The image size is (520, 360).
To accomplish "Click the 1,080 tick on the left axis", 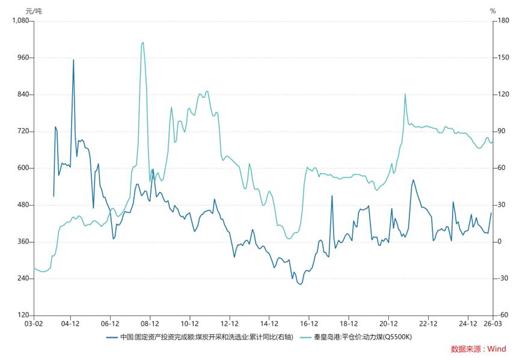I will (21, 21).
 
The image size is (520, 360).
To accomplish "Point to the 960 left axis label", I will (23, 58).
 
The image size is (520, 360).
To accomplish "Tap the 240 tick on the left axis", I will (23, 279).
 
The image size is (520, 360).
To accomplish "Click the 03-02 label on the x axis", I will (34, 323).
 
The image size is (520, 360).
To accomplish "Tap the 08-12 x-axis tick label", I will (150, 323).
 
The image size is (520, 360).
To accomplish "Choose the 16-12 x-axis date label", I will (309, 323).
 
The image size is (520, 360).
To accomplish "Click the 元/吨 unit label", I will (34, 11).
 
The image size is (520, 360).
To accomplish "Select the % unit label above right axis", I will (492, 11).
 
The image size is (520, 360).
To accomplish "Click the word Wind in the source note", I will (497, 349).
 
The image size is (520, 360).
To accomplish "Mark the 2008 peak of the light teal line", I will (142, 42).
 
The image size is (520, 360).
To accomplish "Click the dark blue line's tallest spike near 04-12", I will (73, 59).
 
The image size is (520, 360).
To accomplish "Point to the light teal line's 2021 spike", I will (405, 94).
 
